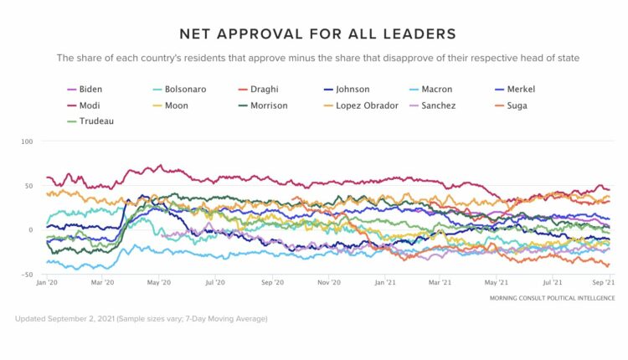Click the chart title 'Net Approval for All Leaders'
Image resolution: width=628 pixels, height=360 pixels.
[x=317, y=33]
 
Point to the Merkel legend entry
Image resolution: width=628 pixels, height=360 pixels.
[x=521, y=89]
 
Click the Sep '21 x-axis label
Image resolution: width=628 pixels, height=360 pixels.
[x=605, y=284]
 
